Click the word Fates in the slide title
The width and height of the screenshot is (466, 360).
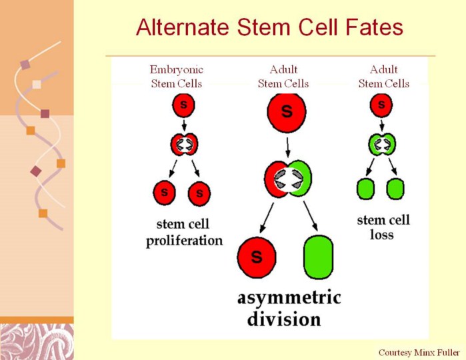tap(373, 27)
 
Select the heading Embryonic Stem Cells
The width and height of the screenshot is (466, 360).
tap(177, 77)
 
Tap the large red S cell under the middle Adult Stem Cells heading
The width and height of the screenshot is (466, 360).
tap(287, 113)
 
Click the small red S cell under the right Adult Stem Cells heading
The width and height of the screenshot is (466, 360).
tap(381, 105)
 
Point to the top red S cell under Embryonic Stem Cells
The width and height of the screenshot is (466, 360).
tap(183, 105)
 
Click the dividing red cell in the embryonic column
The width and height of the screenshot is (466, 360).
tap(184, 145)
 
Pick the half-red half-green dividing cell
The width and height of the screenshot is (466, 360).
tap(288, 179)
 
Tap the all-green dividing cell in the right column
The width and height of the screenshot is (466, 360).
tap(382, 145)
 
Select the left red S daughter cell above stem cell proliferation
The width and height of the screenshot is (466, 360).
tap(165, 193)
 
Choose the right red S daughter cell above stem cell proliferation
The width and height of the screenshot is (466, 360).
tap(199, 194)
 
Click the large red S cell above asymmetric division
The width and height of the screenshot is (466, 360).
tap(257, 257)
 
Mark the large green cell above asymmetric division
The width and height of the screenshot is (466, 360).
tap(319, 257)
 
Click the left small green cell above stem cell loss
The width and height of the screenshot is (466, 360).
tap(365, 189)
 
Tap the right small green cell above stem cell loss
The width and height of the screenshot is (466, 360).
tap(395, 189)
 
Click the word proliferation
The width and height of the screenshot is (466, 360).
tap(184, 241)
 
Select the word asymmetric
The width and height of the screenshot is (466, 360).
tap(289, 297)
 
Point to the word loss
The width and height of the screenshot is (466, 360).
tap(382, 235)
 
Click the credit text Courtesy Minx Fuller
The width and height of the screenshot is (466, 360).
tap(419, 353)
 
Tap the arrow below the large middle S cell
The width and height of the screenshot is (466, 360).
tap(287, 147)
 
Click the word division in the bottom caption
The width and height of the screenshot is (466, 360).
tap(284, 319)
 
